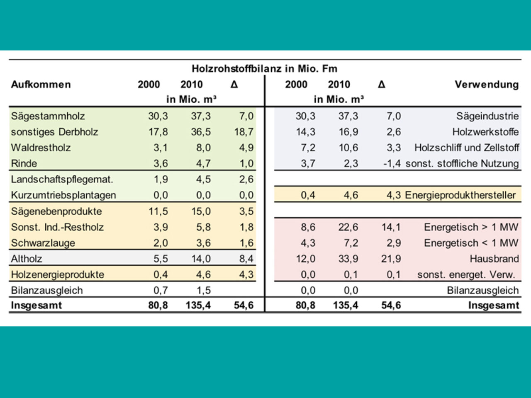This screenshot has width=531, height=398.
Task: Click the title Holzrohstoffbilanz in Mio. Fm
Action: [264, 68]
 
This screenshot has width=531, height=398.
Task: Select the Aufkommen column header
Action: [41, 85]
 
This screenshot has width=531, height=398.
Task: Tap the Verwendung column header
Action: [486, 85]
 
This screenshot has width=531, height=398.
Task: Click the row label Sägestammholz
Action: [48, 116]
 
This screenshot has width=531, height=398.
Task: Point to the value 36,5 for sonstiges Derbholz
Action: [201, 132]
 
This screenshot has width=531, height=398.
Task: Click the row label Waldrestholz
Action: [41, 148]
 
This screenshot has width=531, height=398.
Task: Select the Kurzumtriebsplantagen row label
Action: [63, 195]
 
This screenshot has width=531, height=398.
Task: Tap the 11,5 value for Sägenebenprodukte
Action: [158, 211]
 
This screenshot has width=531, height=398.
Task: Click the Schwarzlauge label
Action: [43, 243]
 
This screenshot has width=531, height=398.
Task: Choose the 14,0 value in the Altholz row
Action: [201, 259]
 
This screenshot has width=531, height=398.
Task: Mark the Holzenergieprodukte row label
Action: [57, 274]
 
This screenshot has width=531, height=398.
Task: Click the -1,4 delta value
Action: [392, 163]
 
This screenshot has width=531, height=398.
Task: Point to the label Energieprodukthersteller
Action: [460, 195]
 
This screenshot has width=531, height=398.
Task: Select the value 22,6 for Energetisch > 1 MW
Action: [348, 227]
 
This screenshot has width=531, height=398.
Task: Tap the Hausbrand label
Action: [494, 259]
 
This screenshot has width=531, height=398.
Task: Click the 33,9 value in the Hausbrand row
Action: [348, 259]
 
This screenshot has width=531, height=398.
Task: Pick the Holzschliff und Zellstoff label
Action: [466, 148]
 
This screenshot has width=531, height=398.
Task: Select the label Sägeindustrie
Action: [487, 116]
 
